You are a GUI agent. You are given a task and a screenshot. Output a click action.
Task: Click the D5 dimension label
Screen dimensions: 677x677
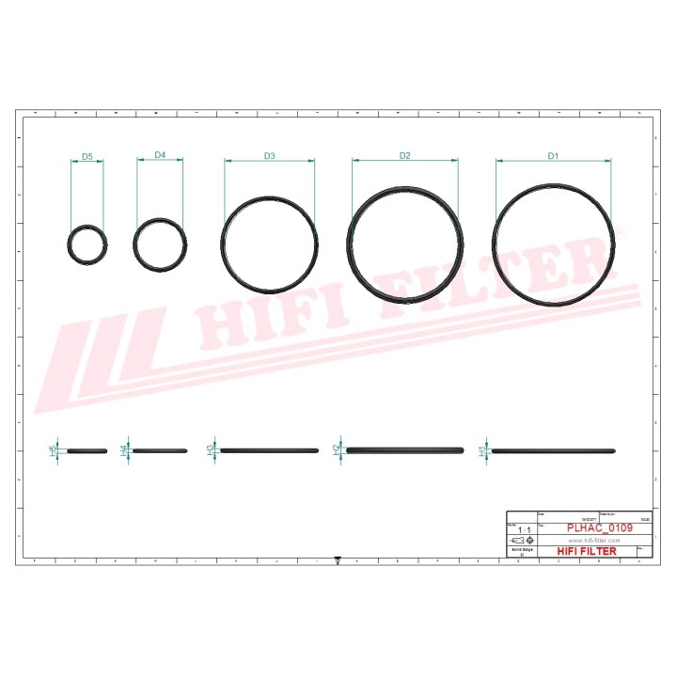(87, 155)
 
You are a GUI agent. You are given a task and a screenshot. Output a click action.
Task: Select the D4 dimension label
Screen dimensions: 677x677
(160, 155)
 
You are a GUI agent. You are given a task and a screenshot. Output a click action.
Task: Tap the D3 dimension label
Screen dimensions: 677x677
(269, 155)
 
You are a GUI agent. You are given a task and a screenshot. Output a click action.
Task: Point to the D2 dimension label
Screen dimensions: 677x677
(405, 155)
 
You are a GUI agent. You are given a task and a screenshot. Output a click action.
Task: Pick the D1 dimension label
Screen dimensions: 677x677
(554, 155)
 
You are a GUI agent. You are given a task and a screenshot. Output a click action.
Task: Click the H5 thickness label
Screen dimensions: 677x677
(53, 451)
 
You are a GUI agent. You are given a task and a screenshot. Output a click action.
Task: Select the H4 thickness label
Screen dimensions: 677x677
(124, 451)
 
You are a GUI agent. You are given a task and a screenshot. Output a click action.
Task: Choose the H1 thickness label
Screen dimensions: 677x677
(482, 451)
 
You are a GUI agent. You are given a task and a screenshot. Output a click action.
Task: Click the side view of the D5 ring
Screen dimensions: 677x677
(87, 451)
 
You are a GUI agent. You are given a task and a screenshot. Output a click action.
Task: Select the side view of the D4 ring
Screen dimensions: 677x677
(160, 451)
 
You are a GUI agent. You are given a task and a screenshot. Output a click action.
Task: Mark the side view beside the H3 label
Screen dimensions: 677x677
(269, 450)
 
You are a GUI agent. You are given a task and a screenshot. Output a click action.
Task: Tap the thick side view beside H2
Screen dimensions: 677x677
(405, 450)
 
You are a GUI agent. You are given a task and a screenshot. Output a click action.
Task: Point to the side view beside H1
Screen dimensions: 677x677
(554, 451)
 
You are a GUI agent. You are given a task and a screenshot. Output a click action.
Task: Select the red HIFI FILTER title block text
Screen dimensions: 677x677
(587, 551)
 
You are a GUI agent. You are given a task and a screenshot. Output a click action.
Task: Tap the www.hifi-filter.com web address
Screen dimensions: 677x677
(594, 541)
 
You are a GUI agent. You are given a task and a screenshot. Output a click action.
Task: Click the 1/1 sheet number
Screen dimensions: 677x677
(520, 530)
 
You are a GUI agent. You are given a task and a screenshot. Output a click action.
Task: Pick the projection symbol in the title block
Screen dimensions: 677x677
(520, 542)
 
